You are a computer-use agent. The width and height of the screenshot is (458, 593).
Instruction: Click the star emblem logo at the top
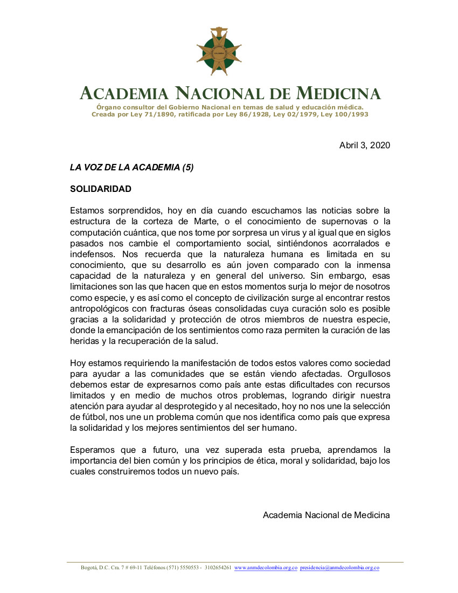tap(219, 52)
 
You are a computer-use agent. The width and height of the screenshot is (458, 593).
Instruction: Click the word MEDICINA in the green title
tap(338, 93)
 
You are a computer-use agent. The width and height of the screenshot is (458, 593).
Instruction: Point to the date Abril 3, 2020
tap(364, 146)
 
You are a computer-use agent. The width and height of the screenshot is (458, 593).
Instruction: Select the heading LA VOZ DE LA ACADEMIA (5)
tap(131, 167)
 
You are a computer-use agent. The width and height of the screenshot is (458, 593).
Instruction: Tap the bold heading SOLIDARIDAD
tap(101, 189)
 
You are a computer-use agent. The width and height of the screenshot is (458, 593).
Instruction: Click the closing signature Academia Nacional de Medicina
tap(326, 515)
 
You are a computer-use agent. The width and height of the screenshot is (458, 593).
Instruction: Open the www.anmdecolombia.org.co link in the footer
tap(266, 568)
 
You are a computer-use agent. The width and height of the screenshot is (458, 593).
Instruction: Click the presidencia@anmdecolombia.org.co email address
tap(339, 568)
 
